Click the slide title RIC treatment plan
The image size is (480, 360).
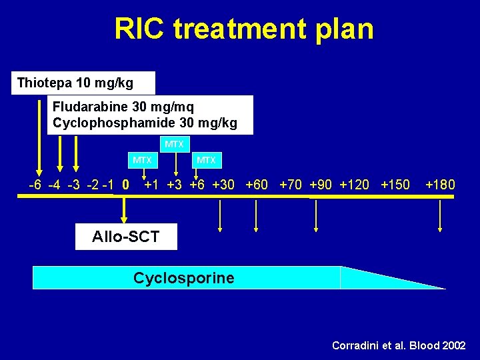tap(243, 29)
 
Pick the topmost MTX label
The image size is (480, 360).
tap(175, 144)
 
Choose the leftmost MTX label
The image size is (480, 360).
tap(142, 160)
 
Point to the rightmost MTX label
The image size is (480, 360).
tap(206, 160)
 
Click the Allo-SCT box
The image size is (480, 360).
tap(126, 236)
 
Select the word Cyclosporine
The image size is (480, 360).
tap(183, 278)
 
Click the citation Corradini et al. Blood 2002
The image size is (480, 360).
tap(399, 345)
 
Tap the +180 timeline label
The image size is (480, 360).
tap(440, 185)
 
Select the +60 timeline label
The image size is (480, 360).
tap(257, 185)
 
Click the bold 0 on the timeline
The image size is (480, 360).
tap(126, 185)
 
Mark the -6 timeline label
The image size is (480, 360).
tap(37, 185)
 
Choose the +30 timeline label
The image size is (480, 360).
tap(223, 185)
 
